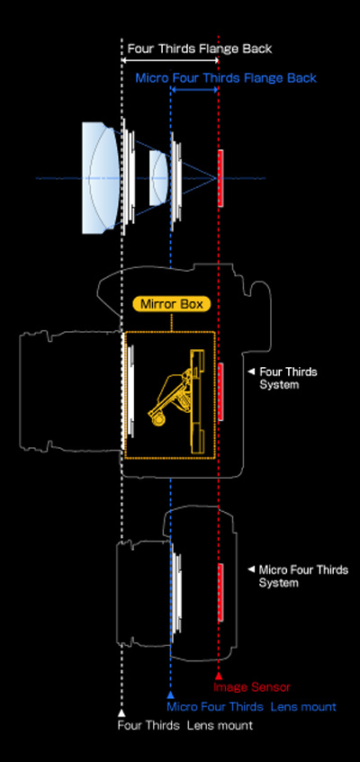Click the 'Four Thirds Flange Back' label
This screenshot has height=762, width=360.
point(200,49)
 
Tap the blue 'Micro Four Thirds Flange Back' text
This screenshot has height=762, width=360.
point(226,78)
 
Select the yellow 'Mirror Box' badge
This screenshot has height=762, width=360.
point(172,304)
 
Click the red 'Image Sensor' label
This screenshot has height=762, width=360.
point(251,687)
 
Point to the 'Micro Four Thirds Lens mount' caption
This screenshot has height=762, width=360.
point(251,706)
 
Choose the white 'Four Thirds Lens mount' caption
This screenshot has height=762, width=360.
point(185,725)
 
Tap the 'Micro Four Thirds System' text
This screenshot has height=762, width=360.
point(303,576)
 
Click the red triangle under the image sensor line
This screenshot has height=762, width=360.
point(219,676)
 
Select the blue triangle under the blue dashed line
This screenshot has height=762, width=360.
point(170,695)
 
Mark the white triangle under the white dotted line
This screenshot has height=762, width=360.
point(121,713)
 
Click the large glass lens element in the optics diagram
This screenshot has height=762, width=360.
point(100,178)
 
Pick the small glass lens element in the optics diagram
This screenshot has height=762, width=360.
point(158,178)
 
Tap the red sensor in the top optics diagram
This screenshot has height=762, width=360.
point(220,178)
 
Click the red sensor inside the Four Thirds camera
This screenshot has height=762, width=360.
point(220,391)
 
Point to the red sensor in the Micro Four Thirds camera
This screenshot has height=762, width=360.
point(220,592)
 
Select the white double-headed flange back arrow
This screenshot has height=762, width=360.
point(170,60)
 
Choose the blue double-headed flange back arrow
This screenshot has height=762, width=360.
point(194,90)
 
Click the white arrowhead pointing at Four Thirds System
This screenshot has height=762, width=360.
point(251,372)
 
